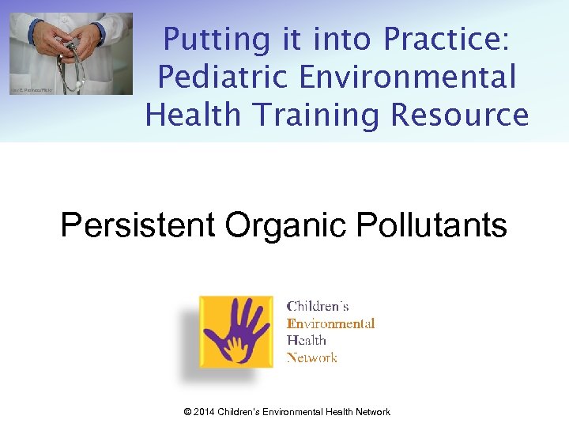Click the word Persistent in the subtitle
pyautogui.click(x=138, y=225)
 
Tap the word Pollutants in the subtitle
pyautogui.click(x=433, y=225)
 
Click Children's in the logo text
pyautogui.click(x=318, y=306)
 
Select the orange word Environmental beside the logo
pyautogui.click(x=330, y=323)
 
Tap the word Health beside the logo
pyautogui.click(x=306, y=340)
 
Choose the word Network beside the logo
pyautogui.click(x=311, y=357)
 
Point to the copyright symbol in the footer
pyautogui.click(x=188, y=412)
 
